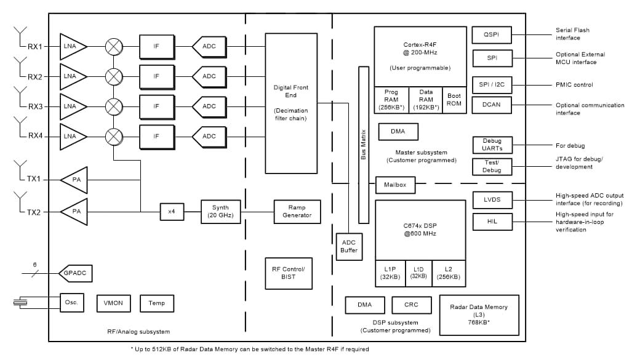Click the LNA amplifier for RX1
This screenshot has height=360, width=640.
(x=72, y=47)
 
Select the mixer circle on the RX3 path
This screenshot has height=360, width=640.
(x=114, y=106)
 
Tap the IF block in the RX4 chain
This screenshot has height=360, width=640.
(x=156, y=136)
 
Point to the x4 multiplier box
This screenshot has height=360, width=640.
(x=172, y=211)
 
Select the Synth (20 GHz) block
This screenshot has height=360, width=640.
(x=220, y=211)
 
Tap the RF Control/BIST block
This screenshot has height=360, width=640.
(x=288, y=273)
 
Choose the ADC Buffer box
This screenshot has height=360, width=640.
(x=348, y=246)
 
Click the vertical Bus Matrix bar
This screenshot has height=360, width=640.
(x=363, y=145)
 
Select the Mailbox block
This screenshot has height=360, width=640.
(x=395, y=184)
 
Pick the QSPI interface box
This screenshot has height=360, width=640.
(x=492, y=35)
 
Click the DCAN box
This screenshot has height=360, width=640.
(x=492, y=105)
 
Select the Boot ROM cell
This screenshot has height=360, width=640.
(x=454, y=100)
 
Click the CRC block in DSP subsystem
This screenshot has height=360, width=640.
(x=411, y=305)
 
